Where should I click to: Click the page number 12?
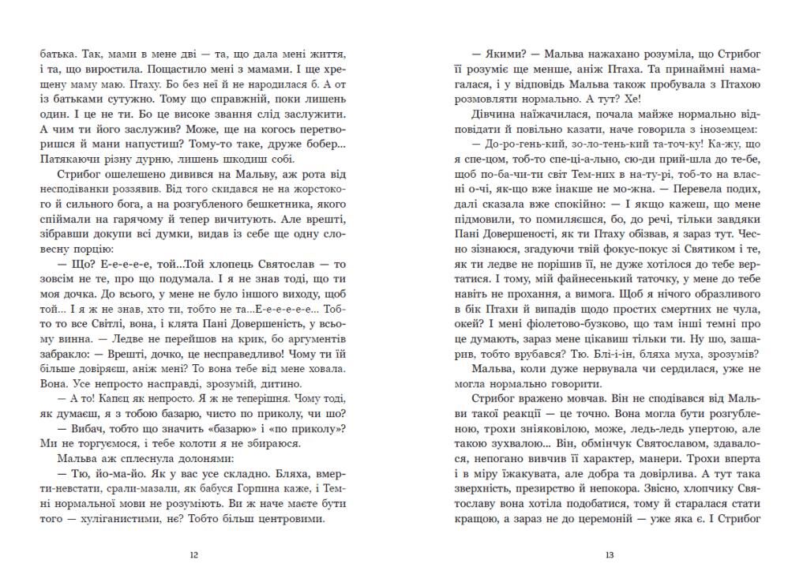[x=195, y=555]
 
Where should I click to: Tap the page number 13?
[x=609, y=555]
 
